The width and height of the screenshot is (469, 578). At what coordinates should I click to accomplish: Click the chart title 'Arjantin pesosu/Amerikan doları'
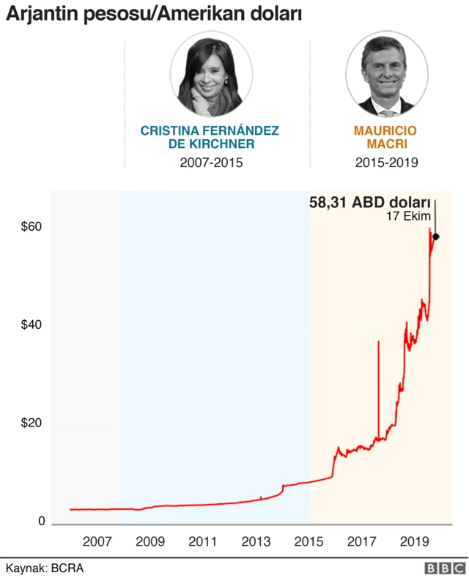click(154, 15)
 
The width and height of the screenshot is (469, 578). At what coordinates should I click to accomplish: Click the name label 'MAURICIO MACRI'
click(386, 137)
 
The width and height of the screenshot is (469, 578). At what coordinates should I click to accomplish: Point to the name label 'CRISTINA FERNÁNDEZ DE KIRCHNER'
click(211, 137)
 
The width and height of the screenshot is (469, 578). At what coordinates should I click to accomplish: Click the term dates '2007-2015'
click(211, 163)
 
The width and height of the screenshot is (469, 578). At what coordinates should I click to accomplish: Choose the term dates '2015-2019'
click(386, 163)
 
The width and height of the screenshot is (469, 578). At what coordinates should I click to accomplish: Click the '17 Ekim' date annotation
click(409, 217)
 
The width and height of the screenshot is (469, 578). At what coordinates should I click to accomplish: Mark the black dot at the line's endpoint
click(436, 236)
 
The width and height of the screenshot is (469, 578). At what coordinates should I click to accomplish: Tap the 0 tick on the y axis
click(41, 522)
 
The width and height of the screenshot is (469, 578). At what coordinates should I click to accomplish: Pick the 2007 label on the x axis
click(97, 542)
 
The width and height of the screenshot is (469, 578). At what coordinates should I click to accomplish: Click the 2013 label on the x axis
click(256, 542)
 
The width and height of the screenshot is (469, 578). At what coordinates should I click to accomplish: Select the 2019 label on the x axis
click(414, 542)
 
